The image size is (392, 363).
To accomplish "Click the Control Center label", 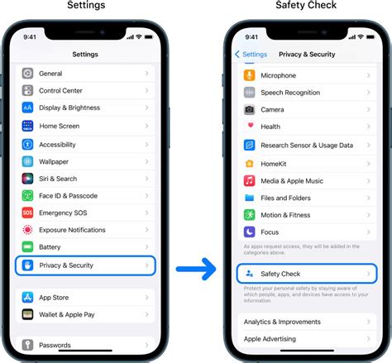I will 62,91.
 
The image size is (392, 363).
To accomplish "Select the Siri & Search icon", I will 28,178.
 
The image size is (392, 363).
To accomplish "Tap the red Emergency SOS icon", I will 28,213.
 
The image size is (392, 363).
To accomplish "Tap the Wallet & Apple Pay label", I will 68,315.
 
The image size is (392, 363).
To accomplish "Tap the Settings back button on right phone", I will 251,55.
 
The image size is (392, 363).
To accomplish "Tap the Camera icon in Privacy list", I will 249,109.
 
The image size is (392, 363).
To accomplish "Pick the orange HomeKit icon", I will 249,162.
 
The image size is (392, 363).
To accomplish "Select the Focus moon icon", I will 249,232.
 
